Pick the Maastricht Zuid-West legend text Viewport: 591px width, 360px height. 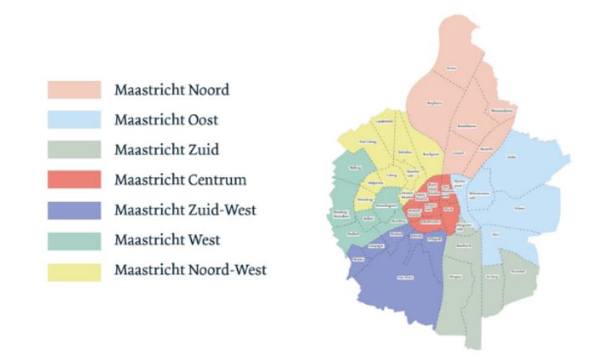point(179,210)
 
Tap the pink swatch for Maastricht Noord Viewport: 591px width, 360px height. point(75,89)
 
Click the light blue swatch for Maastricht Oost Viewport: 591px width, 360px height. point(75,119)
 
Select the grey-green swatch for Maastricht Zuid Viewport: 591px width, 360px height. point(75,150)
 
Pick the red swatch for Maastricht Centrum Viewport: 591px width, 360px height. point(75,180)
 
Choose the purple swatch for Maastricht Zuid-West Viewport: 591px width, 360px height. point(75,210)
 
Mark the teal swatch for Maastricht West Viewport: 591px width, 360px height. point(75,240)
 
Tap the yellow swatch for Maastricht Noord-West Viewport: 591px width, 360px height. point(75,270)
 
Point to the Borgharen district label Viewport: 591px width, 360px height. point(433,103)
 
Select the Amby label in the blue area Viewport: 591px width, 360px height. point(512,155)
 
